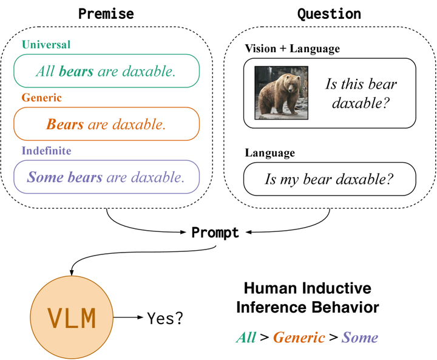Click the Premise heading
[106, 14]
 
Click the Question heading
[329, 14]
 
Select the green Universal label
[46, 44]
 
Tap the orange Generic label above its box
[41, 98]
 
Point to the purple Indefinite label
[47, 151]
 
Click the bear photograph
[282, 93]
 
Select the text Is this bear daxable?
[361, 93]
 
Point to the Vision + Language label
[293, 49]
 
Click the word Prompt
[215, 233]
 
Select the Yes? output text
[165, 318]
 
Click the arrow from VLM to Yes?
[128, 317]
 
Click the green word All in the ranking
[246, 338]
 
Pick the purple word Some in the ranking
[360, 338]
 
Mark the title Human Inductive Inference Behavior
[307, 298]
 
